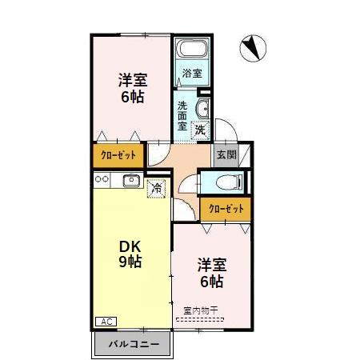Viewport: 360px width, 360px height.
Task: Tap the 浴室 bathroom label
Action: click(x=192, y=74)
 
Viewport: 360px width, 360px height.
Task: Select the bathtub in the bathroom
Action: click(x=191, y=50)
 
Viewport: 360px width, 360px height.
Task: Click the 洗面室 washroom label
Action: click(x=183, y=116)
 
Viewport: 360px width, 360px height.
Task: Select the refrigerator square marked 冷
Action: click(x=157, y=189)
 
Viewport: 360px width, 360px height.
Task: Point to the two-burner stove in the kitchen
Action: click(x=102, y=180)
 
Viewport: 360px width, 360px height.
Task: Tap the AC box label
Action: click(x=105, y=321)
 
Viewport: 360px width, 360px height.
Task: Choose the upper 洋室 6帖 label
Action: click(x=131, y=88)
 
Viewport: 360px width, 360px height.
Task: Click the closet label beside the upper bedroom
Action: click(x=118, y=154)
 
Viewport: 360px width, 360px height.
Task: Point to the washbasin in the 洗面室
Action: click(x=202, y=108)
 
